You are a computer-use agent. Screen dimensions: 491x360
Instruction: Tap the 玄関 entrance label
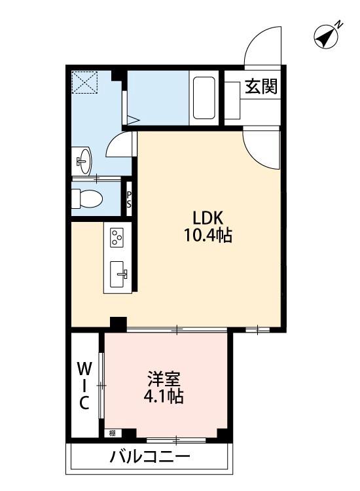[261, 87]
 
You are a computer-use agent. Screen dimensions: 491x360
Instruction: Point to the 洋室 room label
[164, 379]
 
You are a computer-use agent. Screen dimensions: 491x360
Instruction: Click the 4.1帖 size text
[164, 396]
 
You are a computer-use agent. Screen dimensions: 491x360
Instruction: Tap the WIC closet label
[84, 385]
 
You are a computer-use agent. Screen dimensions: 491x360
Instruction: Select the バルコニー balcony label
[150, 456]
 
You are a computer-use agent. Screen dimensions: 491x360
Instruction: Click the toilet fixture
[86, 197]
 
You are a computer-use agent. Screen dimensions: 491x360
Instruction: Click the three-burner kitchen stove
[118, 237]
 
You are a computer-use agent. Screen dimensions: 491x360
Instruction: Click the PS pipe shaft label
[130, 199]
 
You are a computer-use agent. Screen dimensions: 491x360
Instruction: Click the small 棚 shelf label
[112, 433]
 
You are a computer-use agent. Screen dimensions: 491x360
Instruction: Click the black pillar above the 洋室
[118, 323]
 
